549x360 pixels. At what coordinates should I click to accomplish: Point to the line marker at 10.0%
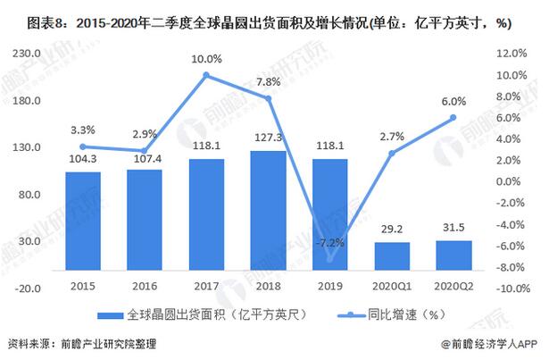click(205, 75)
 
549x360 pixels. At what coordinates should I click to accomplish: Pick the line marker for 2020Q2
click(453, 117)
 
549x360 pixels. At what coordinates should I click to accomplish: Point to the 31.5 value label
click(453, 228)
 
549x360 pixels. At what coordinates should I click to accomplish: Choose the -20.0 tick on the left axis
click(27, 289)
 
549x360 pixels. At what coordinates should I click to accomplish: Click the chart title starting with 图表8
click(259, 23)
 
